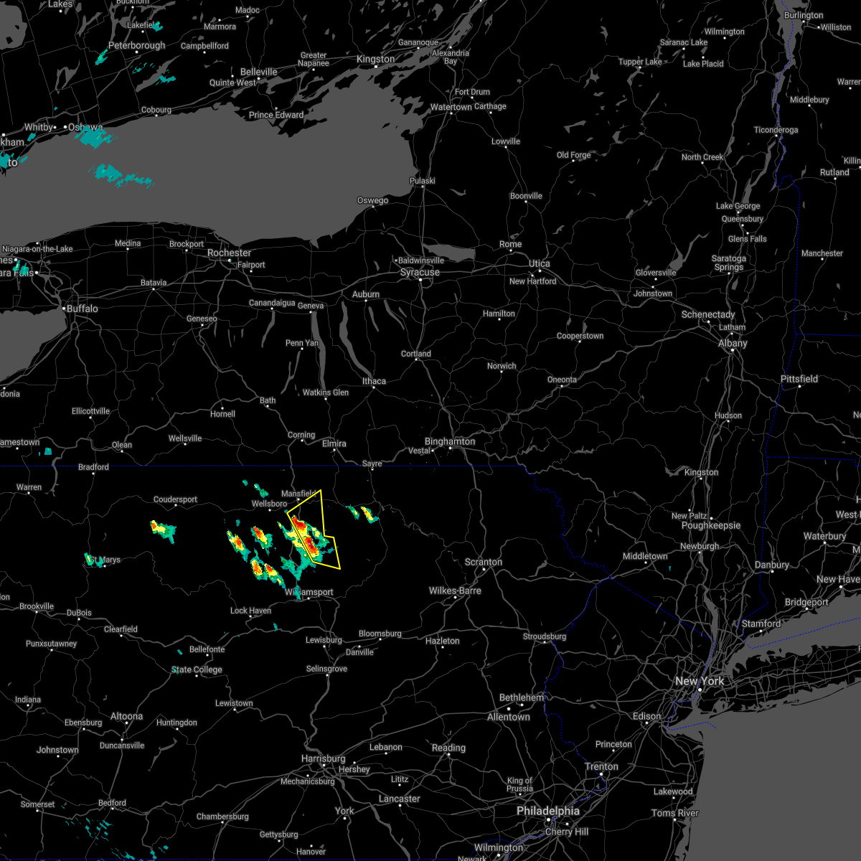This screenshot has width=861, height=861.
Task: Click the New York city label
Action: (x=700, y=681)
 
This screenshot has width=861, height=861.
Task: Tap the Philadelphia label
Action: (x=548, y=811)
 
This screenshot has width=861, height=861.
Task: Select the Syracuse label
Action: (x=420, y=273)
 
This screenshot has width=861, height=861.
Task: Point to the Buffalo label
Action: (x=82, y=309)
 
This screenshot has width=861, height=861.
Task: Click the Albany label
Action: (x=733, y=344)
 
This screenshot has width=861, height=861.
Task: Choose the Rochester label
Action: (x=229, y=253)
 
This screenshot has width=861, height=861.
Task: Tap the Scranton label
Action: (x=483, y=563)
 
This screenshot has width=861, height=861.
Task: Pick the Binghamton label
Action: (x=449, y=442)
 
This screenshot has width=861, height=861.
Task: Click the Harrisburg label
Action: (x=323, y=759)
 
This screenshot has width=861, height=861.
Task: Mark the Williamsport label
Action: (x=309, y=593)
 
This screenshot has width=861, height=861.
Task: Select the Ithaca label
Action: (x=373, y=382)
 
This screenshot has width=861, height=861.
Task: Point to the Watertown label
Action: (x=451, y=108)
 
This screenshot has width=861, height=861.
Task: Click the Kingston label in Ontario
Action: (x=375, y=60)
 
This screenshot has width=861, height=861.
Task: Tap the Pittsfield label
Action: (x=799, y=379)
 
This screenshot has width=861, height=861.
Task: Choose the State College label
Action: (x=197, y=670)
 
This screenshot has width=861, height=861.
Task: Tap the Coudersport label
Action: (x=175, y=500)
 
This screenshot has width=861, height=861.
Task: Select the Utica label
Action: (x=539, y=264)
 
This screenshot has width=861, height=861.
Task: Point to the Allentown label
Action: (x=508, y=717)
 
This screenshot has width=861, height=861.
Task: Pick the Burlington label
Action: (x=804, y=16)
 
